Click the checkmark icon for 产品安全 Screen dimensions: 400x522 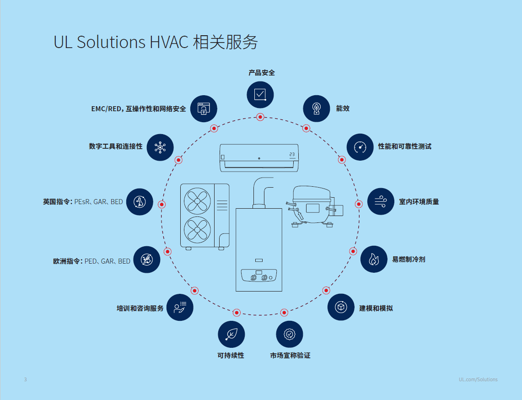[260, 94]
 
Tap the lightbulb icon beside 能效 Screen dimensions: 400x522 [316, 108]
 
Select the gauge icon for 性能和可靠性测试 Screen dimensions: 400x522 [360, 147]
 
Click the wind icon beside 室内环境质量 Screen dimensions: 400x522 [381, 201]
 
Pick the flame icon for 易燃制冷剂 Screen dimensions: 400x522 [374, 259]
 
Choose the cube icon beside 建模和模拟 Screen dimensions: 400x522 [341, 307]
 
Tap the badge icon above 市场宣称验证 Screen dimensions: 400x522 [289, 334]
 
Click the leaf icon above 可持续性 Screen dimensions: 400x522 [231, 334]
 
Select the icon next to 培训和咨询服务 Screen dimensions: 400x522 [180, 308]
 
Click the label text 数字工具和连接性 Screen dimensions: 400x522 [116, 146]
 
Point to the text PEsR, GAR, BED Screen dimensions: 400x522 [99, 201]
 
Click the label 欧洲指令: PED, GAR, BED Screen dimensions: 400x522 [91, 261]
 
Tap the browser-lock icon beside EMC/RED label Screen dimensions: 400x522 [203, 109]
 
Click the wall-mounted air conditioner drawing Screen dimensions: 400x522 [259, 157]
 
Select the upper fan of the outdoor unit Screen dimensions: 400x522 [197, 200]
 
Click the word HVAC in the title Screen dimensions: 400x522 [169, 42]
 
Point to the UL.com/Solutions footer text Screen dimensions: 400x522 [478, 379]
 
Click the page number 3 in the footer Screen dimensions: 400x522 [26, 379]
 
